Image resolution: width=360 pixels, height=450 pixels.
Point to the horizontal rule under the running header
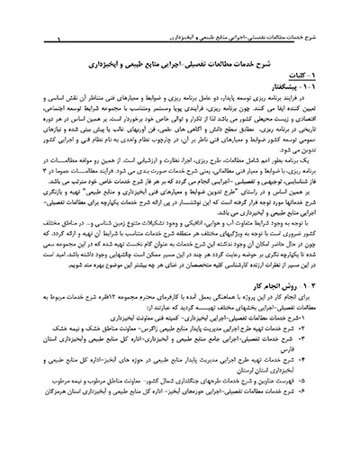point(180,21)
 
